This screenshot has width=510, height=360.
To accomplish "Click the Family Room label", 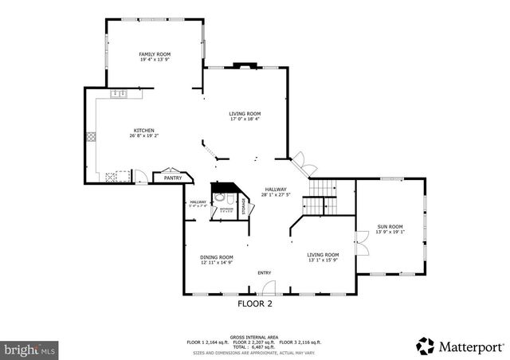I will [x=155, y=53].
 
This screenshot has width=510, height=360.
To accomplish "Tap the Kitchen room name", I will [x=143, y=131].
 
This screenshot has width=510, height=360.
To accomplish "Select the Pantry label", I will [x=173, y=178].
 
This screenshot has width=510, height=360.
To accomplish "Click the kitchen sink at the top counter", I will [x=119, y=94].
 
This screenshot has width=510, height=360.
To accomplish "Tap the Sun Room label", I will [x=390, y=228].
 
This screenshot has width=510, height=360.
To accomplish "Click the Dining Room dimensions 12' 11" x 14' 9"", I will [x=216, y=263].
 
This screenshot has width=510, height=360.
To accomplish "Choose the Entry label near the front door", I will [x=264, y=273].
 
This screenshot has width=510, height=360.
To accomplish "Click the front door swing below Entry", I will [x=269, y=288].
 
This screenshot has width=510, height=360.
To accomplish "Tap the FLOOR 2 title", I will [x=255, y=303].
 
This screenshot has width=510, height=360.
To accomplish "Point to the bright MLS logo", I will [x=30, y=349].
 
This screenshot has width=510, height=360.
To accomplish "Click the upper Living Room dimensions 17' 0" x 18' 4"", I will [x=245, y=119].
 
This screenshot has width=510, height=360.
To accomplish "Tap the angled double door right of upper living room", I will [x=303, y=162].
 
